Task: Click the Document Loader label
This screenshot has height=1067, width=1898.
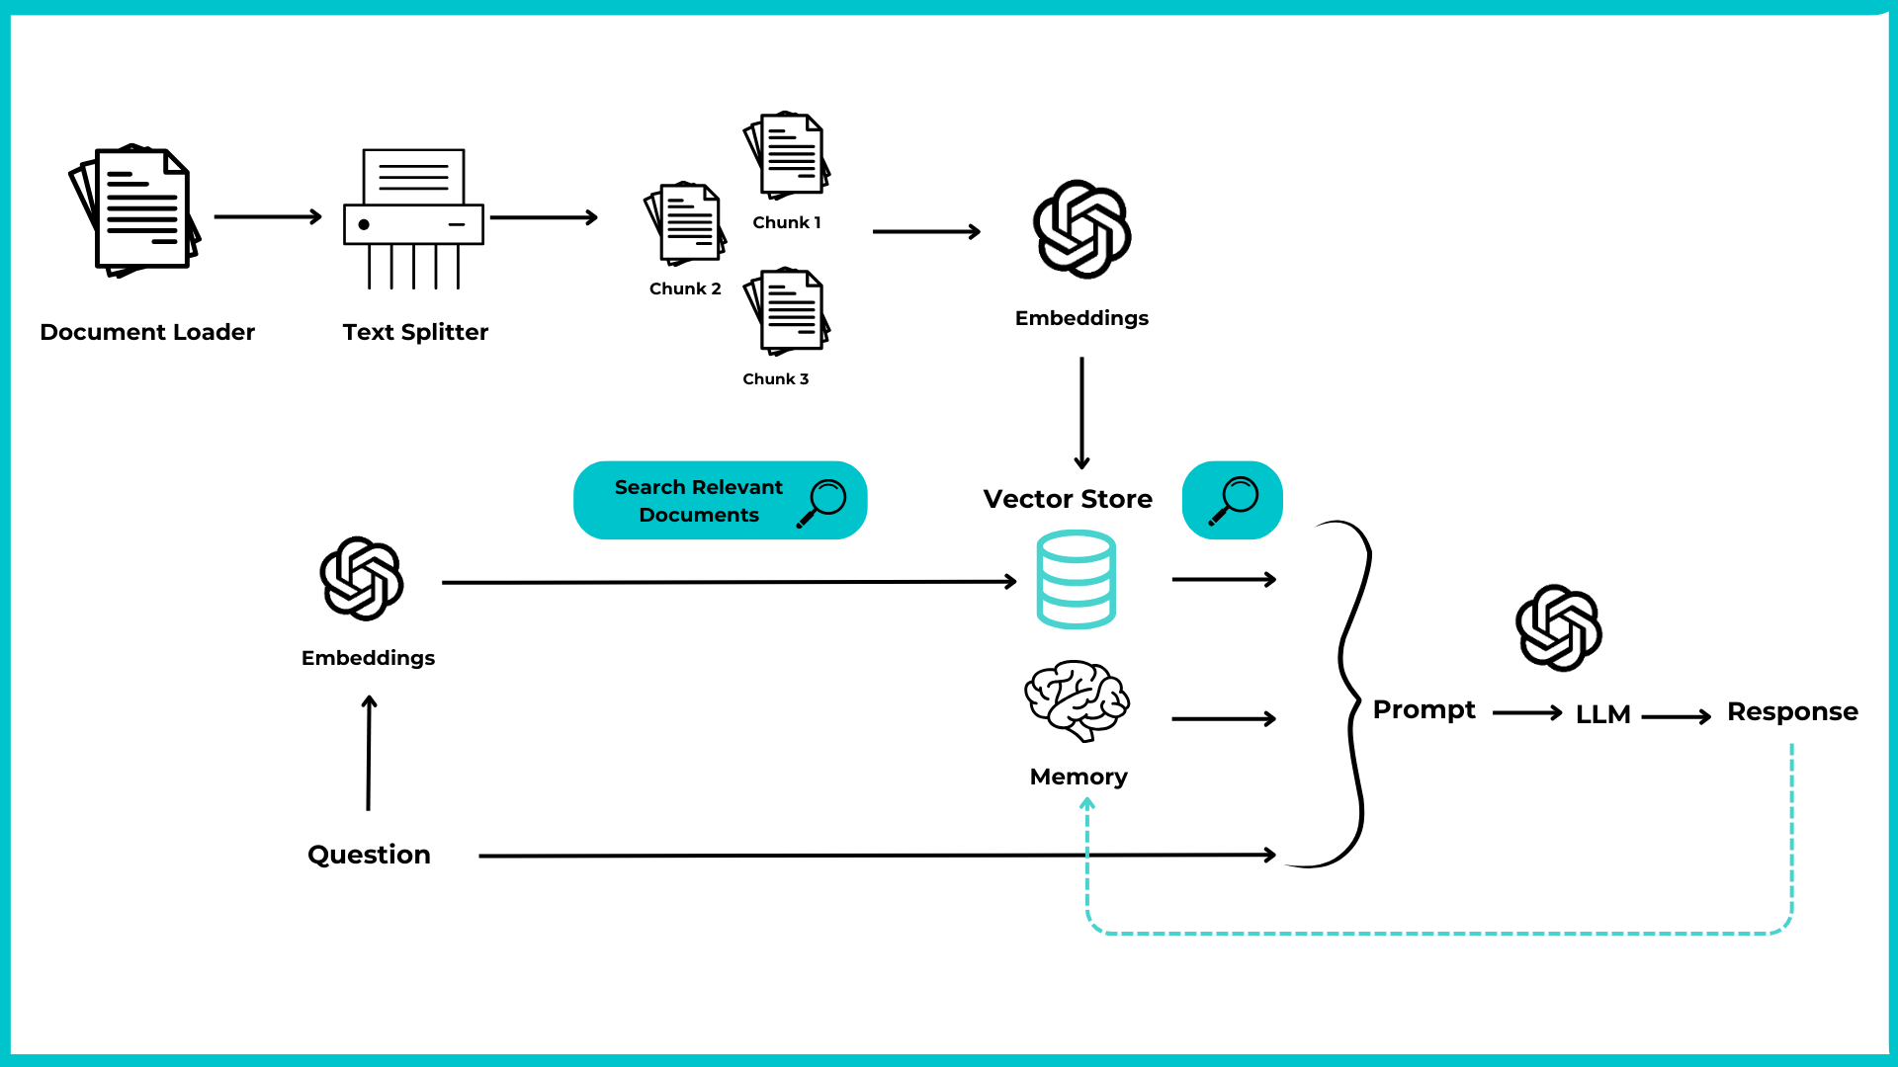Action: pyautogui.click(x=147, y=332)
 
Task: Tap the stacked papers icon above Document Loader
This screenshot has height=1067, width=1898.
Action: pyautogui.click(x=135, y=210)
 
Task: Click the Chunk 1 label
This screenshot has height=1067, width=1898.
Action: pyautogui.click(x=786, y=222)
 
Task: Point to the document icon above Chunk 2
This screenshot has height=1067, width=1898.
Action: pyautogui.click(x=685, y=223)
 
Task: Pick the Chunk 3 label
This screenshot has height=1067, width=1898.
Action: pyautogui.click(x=775, y=378)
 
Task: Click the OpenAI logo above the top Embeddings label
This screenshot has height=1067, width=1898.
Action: pyautogui.click(x=1081, y=229)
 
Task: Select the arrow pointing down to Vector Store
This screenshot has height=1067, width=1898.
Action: pyautogui.click(x=1081, y=413)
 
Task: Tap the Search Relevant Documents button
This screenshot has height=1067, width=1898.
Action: pyautogui.click(x=720, y=500)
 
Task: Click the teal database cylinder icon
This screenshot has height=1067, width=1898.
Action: pyautogui.click(x=1076, y=579)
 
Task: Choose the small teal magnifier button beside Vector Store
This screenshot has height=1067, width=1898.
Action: pyautogui.click(x=1232, y=500)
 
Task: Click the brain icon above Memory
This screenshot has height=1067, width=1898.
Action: pyautogui.click(x=1077, y=699)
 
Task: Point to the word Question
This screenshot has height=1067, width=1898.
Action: pyautogui.click(x=369, y=855)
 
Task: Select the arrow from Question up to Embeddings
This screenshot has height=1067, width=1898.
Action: pyautogui.click(x=369, y=753)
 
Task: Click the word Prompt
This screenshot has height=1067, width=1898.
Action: pyautogui.click(x=1423, y=709)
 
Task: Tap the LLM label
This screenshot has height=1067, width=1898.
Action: pyautogui.click(x=1602, y=714)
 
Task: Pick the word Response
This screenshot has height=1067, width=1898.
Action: pyautogui.click(x=1791, y=711)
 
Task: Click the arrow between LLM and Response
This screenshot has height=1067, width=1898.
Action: pyautogui.click(x=1676, y=716)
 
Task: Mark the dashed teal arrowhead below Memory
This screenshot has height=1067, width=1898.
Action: pyautogui.click(x=1086, y=804)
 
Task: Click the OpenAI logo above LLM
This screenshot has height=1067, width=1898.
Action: pyautogui.click(x=1559, y=628)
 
